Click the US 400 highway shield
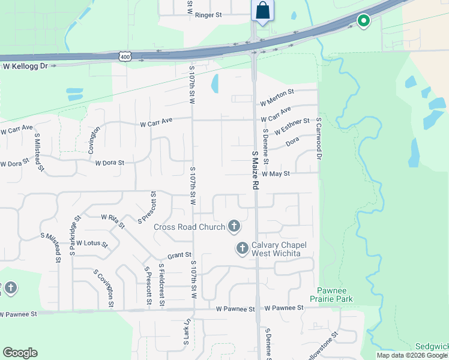(x=125, y=55)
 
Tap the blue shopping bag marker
(x=262, y=10)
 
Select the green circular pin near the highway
(x=363, y=22)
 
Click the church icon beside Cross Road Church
(x=234, y=226)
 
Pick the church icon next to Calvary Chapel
(x=243, y=248)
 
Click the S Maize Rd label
(x=255, y=170)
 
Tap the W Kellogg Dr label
(x=25, y=66)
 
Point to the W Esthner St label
(x=292, y=127)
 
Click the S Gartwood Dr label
(x=319, y=139)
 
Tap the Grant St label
(x=179, y=255)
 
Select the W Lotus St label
(x=91, y=244)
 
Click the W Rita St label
(x=112, y=221)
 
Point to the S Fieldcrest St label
(x=161, y=284)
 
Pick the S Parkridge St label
(x=74, y=236)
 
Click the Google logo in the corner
(x=20, y=352)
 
